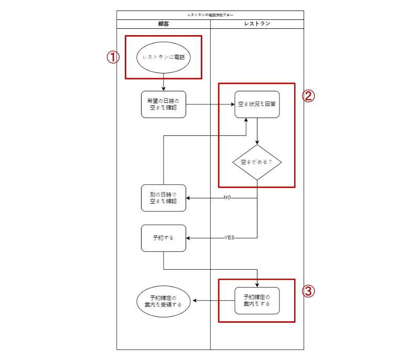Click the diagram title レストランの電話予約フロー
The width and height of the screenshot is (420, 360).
210,15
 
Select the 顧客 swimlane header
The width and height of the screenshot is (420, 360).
163,24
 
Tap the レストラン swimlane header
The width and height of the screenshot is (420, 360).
257,24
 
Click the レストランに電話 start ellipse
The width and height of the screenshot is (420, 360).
163,57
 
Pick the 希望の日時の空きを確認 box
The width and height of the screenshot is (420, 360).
163,104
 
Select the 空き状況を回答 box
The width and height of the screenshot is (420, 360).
257,104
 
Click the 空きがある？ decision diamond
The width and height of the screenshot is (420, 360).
257,162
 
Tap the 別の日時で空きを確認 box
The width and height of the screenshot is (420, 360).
163,197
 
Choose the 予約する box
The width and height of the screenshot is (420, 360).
163,238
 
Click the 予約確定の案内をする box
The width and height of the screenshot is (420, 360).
257,301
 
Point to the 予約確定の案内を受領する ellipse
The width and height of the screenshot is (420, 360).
163,301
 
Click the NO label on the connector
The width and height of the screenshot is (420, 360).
227,198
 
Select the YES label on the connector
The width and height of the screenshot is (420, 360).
229,238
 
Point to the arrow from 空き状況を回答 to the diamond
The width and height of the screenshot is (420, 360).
257,131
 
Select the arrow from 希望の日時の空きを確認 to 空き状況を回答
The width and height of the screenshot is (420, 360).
210,104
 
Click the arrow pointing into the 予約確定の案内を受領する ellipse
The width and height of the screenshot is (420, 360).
212,301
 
